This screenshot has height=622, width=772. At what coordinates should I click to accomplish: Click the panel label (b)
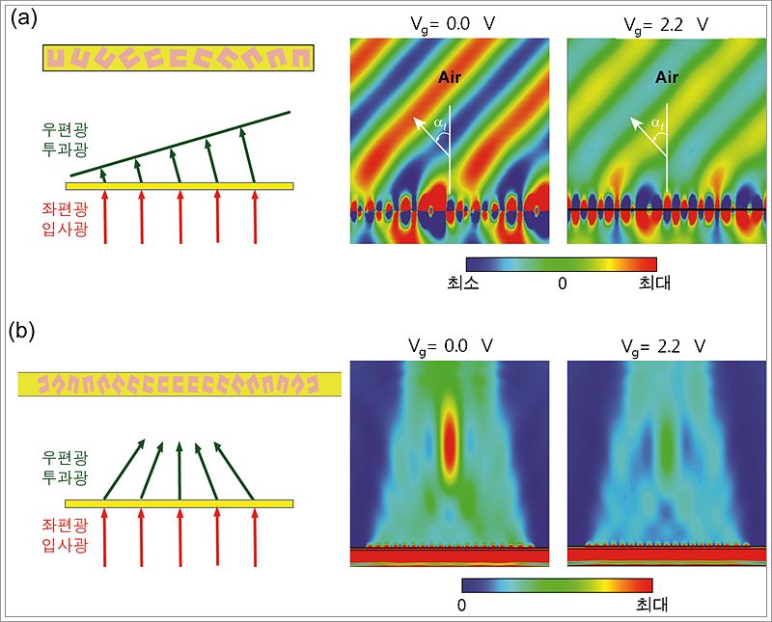coord(21,332)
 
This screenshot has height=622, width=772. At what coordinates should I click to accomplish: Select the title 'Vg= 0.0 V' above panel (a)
coord(449,22)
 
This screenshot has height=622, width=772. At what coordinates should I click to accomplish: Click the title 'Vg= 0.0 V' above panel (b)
coord(449,341)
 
